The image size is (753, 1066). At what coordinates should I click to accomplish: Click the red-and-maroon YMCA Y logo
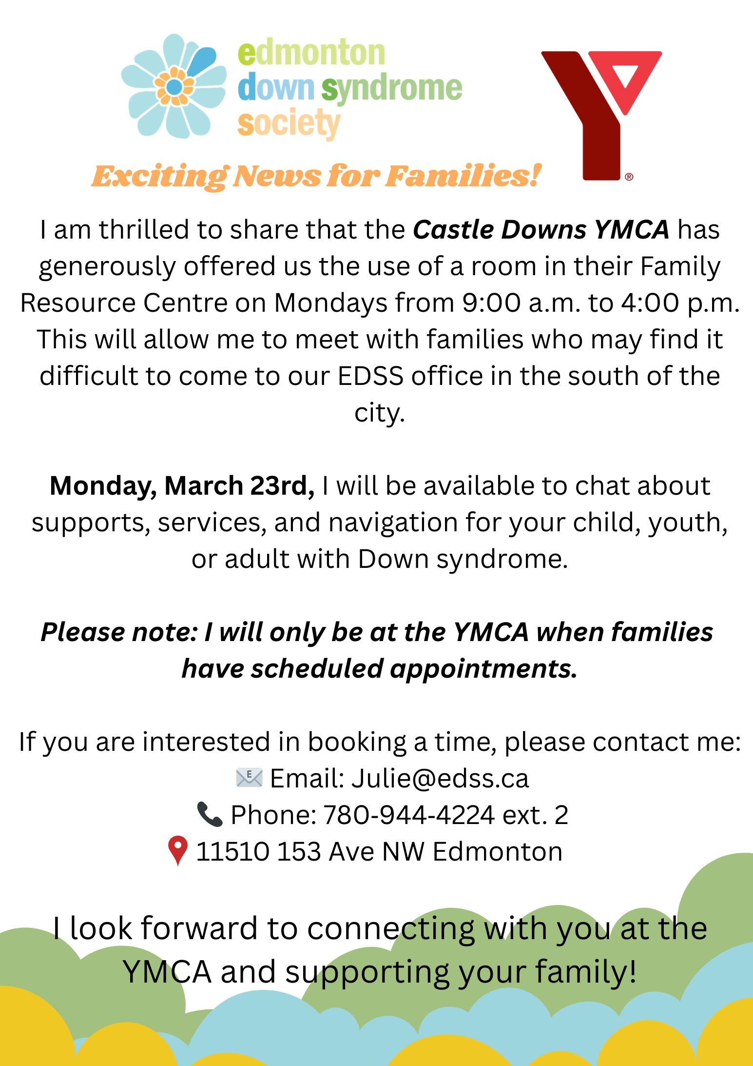pos(601,115)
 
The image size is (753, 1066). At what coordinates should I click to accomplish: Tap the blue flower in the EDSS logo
pos(174,87)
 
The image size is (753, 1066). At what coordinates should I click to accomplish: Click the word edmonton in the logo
pos(311,53)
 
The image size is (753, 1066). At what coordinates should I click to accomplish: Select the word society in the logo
pos(289,124)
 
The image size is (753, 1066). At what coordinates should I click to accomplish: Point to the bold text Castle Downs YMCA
pos(541,229)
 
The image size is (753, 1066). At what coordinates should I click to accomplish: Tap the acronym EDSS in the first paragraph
pos(370,376)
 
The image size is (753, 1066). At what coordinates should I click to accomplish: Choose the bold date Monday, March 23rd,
pos(182,486)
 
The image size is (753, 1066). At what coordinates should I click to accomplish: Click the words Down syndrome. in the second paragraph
pos(463,559)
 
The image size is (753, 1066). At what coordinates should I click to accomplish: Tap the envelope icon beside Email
pos(249,778)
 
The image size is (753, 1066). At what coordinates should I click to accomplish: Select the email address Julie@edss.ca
pos(440,779)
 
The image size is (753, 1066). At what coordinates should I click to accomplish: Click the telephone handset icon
pos(210,814)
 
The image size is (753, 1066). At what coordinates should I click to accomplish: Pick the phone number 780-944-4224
pos(409,815)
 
